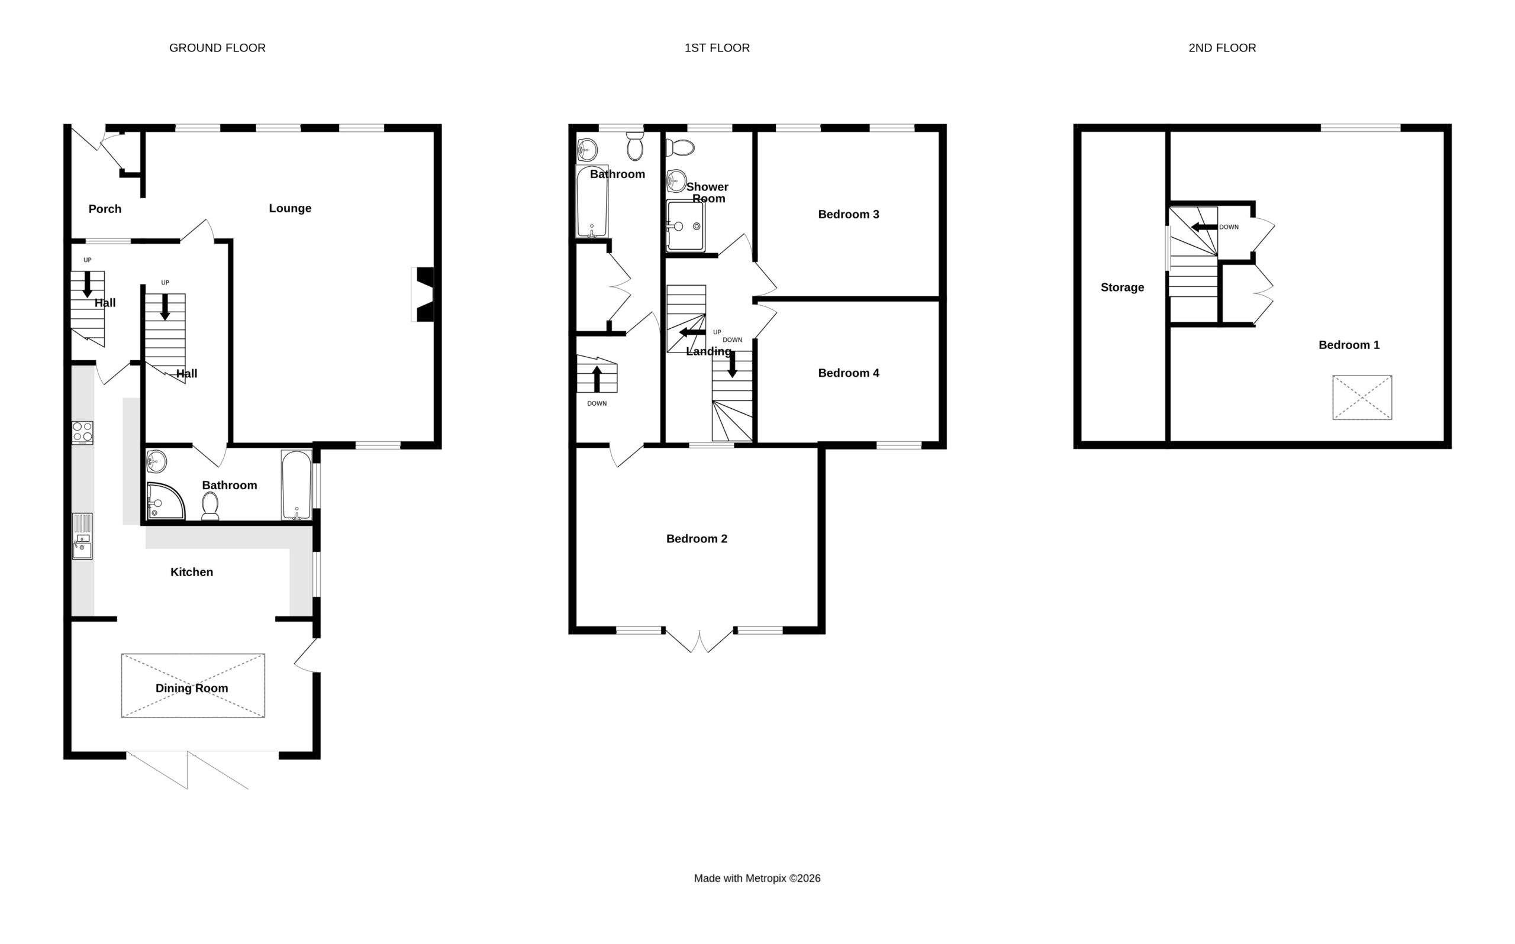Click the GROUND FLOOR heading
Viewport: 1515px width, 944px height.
click(217, 48)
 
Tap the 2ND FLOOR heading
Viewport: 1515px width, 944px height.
click(1222, 48)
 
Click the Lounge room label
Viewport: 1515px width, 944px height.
click(290, 209)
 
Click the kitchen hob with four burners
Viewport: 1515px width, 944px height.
click(82, 433)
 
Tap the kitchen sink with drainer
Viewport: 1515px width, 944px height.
click(82, 536)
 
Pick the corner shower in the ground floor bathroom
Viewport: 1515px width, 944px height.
click(166, 502)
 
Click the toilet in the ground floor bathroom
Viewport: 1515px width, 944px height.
click(211, 506)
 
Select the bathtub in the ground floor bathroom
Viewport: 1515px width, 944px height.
click(296, 485)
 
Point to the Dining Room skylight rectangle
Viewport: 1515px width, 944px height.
click(193, 686)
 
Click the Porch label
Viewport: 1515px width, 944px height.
click(105, 209)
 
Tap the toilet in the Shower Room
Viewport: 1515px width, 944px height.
click(680, 148)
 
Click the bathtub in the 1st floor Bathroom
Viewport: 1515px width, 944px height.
click(591, 202)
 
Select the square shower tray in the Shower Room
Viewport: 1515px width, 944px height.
click(686, 225)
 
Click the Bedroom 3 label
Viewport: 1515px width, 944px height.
click(849, 215)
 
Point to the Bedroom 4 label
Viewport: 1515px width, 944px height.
click(849, 373)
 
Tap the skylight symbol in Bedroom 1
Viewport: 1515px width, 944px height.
click(1362, 397)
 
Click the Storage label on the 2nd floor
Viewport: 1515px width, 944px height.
click(1122, 288)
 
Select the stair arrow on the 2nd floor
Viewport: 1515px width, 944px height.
click(1205, 227)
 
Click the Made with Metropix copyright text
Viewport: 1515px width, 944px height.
click(757, 878)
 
